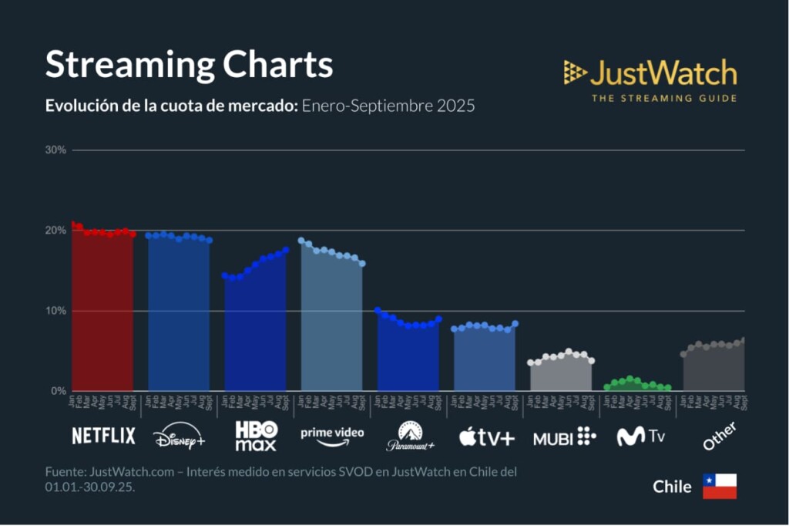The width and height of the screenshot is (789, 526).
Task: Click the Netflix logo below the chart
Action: (103, 436)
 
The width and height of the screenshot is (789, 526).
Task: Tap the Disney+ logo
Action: (179, 436)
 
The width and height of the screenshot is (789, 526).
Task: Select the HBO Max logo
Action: (256, 436)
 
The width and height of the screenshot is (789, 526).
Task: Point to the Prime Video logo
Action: (332, 436)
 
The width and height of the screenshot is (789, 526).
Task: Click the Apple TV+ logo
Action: (486, 437)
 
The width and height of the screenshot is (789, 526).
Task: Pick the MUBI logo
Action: (564, 437)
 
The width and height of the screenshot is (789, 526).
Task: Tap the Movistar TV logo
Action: (641, 437)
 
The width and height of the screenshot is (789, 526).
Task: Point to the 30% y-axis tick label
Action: (56, 150)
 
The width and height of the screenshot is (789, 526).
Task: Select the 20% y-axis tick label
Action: (56, 231)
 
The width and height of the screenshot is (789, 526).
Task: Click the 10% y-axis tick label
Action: (56, 311)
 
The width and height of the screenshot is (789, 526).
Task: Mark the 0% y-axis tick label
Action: (59, 391)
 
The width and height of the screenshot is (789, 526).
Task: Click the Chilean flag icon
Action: (719, 487)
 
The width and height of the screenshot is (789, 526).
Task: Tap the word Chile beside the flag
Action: (672, 487)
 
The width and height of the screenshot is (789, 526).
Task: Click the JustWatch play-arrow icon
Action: (575, 72)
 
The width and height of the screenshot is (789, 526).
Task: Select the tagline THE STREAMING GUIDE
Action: (663, 98)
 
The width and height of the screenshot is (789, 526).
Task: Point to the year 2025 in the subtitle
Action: (455, 106)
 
